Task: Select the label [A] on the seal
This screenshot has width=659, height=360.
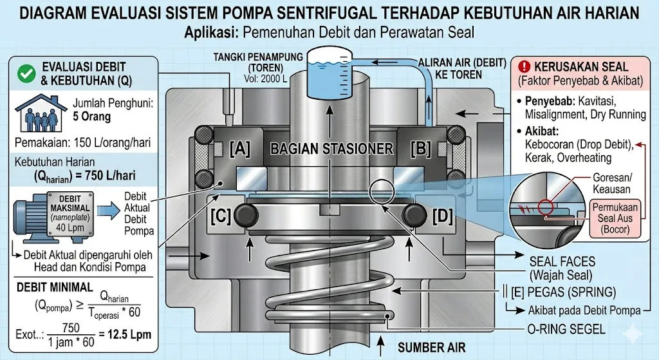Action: [x=240, y=149]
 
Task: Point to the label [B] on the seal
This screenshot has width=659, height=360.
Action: [x=420, y=149]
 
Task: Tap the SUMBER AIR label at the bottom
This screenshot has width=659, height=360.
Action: [x=432, y=348]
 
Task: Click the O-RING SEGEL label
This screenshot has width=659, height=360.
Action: [x=564, y=329]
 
